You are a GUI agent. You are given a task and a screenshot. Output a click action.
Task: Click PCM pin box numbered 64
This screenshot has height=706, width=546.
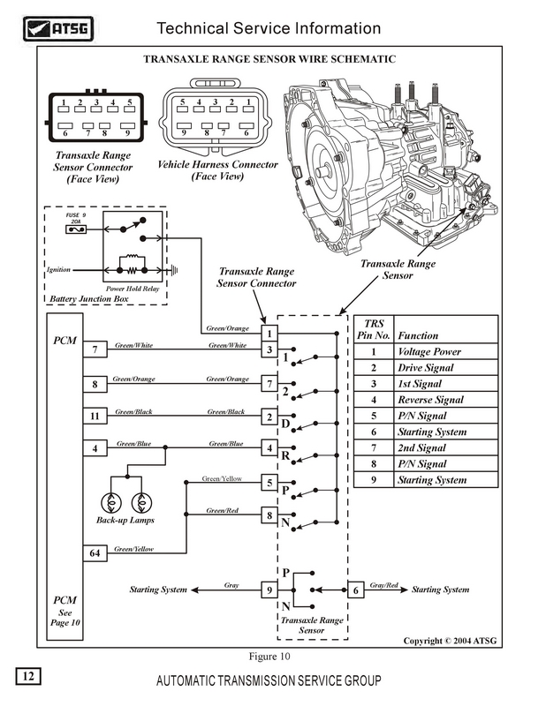[x=95, y=553]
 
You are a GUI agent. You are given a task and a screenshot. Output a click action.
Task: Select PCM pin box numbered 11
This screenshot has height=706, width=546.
[x=95, y=416]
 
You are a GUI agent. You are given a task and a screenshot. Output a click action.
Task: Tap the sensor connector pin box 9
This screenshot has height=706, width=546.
[x=269, y=590]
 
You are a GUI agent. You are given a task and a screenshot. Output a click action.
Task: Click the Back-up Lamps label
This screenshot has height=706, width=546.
[x=124, y=521]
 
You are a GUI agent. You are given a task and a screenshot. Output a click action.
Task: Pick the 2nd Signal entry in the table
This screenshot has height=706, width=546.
[x=425, y=448]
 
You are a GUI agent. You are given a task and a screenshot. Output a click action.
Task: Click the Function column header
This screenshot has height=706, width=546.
[x=419, y=335]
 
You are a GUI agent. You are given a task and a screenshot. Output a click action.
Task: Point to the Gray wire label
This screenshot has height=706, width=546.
[x=231, y=585]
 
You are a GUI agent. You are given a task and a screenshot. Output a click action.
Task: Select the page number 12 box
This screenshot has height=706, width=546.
[x=28, y=677]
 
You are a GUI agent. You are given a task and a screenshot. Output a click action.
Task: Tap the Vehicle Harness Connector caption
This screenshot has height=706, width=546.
[x=217, y=170]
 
